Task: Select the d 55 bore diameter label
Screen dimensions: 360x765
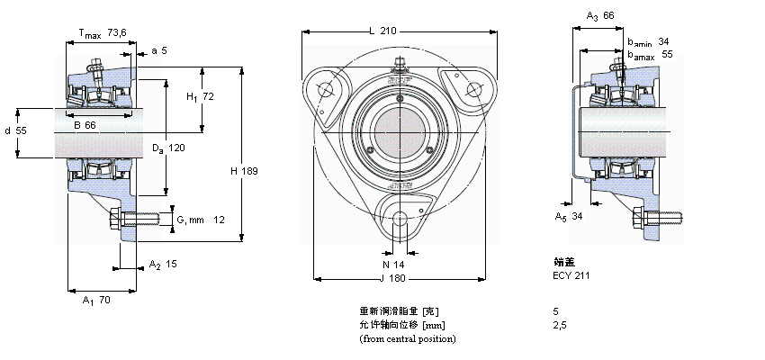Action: point(15,131)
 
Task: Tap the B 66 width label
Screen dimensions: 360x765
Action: point(85,125)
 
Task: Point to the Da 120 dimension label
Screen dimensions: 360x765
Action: point(167,148)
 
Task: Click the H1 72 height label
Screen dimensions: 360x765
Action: point(199,96)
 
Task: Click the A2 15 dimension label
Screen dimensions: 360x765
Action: point(163,265)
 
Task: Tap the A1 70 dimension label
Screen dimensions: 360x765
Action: point(95,300)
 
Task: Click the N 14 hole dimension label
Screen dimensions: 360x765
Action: point(394,265)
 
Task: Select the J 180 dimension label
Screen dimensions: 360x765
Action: point(394,278)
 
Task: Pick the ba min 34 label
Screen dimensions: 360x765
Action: point(648,41)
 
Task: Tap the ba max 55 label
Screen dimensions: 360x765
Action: point(650,55)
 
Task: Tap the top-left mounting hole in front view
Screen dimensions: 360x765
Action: point(325,89)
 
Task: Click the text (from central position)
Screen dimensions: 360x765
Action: point(407,338)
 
